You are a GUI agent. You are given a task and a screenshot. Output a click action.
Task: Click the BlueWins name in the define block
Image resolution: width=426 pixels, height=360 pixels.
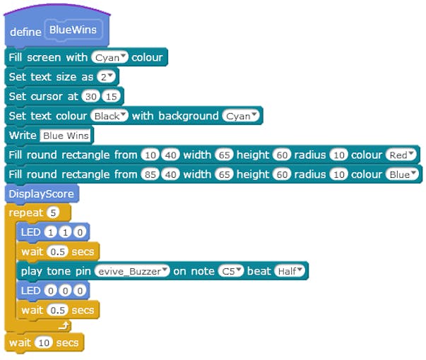pyautogui.click(x=73, y=30)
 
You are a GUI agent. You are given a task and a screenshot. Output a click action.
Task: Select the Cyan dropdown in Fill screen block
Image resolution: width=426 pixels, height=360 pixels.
pyautogui.click(x=110, y=57)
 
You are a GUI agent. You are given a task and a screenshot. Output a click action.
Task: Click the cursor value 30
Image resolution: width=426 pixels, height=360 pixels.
pyautogui.click(x=90, y=96)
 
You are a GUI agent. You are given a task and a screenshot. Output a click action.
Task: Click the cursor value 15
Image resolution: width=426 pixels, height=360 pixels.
pyautogui.click(x=110, y=96)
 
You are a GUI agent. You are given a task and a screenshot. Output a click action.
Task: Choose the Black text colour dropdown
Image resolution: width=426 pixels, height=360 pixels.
pyautogui.click(x=110, y=115)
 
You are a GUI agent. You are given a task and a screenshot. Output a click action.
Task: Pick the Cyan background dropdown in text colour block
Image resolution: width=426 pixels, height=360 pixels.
pyautogui.click(x=241, y=115)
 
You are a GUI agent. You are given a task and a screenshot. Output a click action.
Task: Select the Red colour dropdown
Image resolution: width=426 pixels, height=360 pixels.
pyautogui.click(x=402, y=155)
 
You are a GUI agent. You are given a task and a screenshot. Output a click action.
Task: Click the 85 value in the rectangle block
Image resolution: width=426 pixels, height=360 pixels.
pyautogui.click(x=150, y=174)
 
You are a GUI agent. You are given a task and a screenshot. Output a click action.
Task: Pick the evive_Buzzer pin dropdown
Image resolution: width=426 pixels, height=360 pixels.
pyautogui.click(x=133, y=270)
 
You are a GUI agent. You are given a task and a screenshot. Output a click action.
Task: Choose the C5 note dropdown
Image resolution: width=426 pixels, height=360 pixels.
pyautogui.click(x=229, y=270)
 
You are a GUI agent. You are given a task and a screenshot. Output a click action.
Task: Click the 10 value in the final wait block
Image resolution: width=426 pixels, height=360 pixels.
pyautogui.click(x=44, y=343)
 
